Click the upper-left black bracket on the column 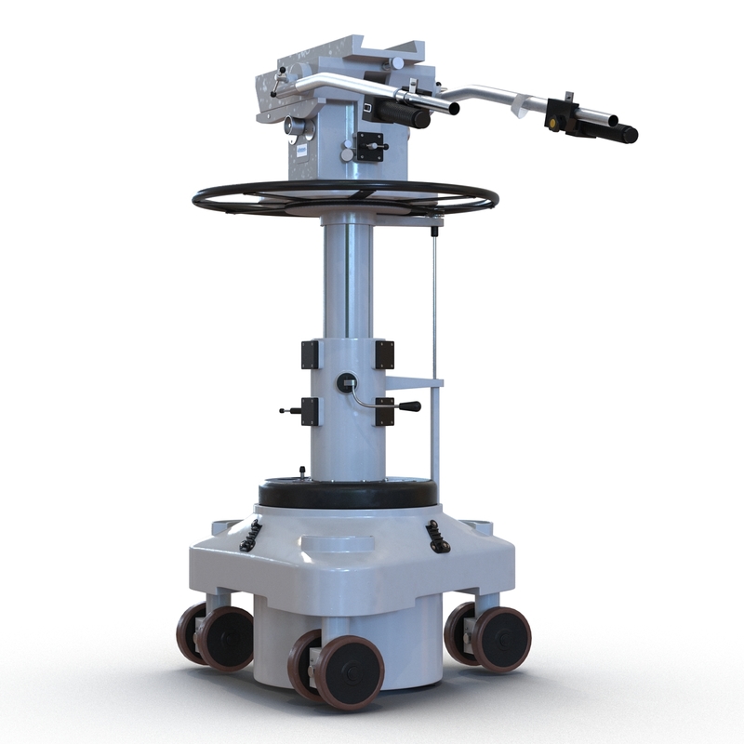point(310,354)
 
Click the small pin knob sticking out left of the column point(285,408)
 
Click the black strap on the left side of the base point(251,535)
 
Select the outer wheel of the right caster point(502,639)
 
